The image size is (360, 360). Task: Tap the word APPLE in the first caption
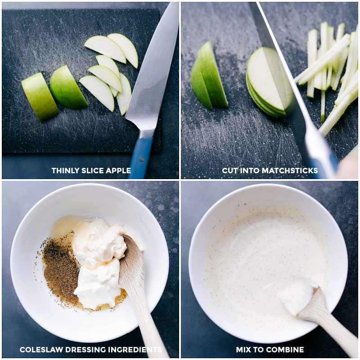[118, 171]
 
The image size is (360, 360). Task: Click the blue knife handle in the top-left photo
[140, 155]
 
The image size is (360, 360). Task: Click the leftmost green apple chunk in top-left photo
[40, 96]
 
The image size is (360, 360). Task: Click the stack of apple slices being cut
[265, 83]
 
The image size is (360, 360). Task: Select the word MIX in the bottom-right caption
[243, 350]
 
